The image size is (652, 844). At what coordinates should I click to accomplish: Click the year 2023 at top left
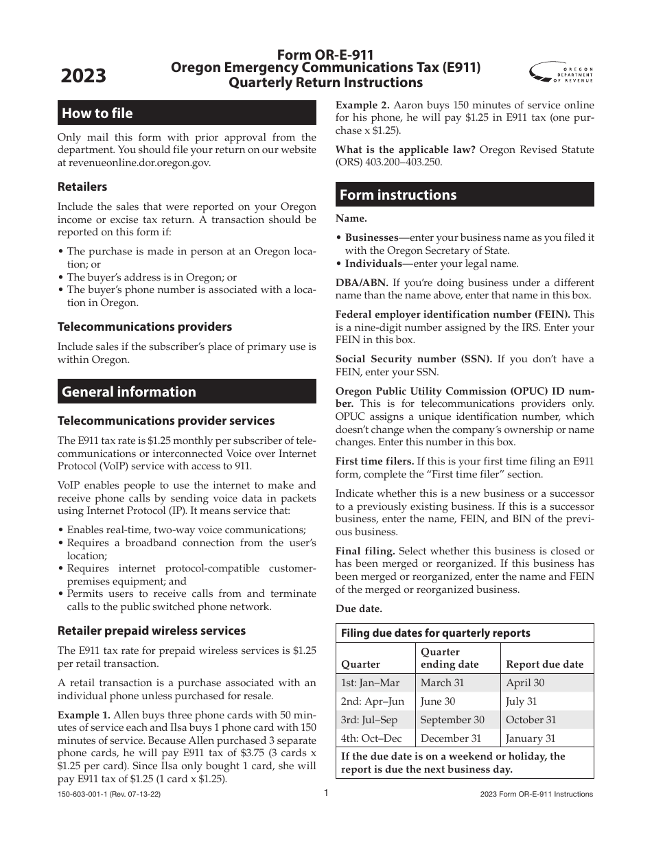(84, 75)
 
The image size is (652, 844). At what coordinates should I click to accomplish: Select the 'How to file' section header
(97, 113)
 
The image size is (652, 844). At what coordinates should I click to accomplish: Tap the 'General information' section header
(129, 392)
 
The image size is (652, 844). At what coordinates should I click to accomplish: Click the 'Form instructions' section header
(397, 195)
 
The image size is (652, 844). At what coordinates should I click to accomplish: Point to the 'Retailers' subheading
(82, 187)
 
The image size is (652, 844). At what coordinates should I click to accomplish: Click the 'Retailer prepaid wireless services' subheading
(152, 630)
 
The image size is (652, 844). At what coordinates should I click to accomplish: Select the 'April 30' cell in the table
(524, 683)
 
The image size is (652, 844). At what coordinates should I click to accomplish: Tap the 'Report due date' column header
(544, 664)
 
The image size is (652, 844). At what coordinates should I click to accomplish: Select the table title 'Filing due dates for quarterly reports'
(435, 633)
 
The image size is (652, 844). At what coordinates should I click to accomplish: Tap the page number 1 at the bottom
(327, 793)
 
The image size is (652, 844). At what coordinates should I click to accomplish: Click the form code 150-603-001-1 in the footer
(86, 794)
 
